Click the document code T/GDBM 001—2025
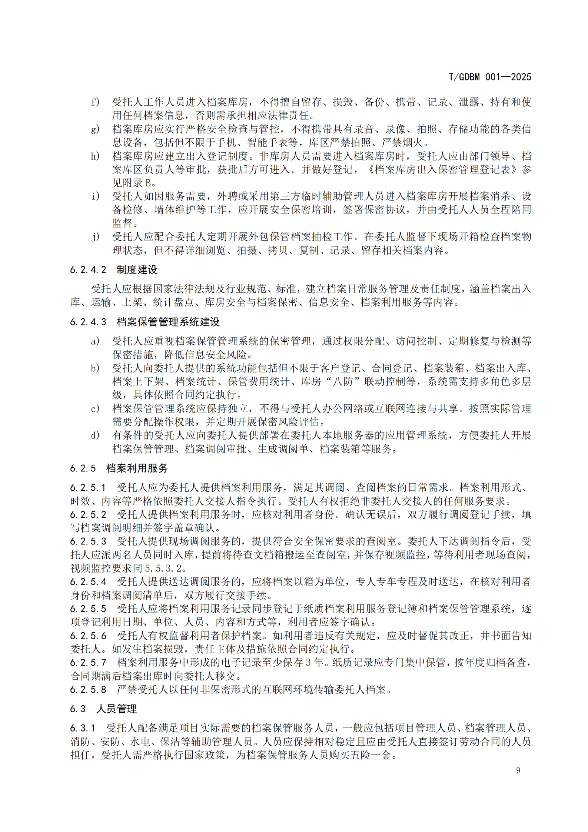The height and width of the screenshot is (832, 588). click(x=489, y=77)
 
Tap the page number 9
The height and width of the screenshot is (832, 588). click(x=518, y=770)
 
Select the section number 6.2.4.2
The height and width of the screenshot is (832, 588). click(x=88, y=270)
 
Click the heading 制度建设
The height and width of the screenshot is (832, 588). click(x=137, y=270)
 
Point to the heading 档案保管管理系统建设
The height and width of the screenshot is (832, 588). click(x=168, y=322)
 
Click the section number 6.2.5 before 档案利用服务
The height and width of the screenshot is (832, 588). click(x=83, y=468)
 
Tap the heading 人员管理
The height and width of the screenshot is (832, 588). click(x=117, y=709)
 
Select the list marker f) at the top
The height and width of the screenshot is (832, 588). click(x=95, y=102)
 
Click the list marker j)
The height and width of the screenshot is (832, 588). click(x=95, y=236)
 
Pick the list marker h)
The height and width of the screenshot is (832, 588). click(x=95, y=156)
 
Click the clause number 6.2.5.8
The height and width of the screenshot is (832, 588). click(x=88, y=690)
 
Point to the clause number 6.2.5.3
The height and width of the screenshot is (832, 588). click(x=88, y=541)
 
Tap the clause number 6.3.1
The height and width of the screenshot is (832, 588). click(x=83, y=728)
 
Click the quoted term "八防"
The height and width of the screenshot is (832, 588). click(x=342, y=381)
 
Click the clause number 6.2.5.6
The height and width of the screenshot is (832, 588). click(x=88, y=636)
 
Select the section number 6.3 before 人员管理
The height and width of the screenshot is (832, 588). click(x=78, y=709)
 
